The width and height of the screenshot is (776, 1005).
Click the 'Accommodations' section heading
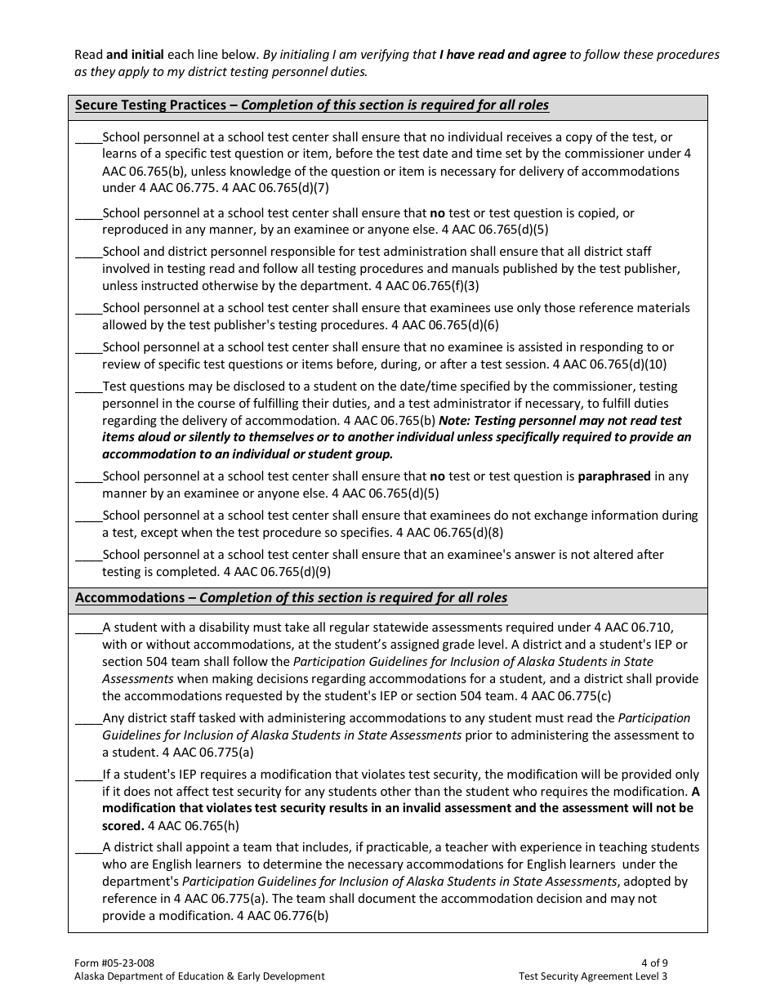coord(130,598)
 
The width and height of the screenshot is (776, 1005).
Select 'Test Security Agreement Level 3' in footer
coord(592,976)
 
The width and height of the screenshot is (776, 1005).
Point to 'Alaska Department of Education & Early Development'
coord(198,976)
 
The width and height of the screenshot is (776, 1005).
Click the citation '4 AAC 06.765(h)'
coord(194,826)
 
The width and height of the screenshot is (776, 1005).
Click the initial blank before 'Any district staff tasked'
coord(88,719)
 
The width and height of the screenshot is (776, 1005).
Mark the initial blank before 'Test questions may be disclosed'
coord(88,387)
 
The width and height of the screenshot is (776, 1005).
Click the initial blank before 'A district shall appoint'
coord(88,848)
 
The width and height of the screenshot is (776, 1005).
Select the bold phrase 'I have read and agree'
coord(502,55)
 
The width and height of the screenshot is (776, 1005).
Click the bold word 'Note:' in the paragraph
coord(455,421)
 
